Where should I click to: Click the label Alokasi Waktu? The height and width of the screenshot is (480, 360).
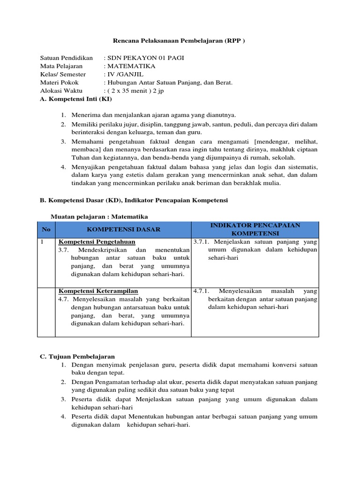pos(61,91)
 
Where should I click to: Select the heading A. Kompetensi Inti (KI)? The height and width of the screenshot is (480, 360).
pos(76,99)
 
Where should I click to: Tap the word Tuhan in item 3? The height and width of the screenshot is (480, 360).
pos(80,158)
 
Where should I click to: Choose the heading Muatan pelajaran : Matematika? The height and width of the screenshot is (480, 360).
pos(99,217)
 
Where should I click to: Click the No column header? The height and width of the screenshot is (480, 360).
pos(46,229)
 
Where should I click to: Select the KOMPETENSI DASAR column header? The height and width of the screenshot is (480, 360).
pos(123,229)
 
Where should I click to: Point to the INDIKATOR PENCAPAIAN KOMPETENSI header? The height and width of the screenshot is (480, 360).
pos(255,229)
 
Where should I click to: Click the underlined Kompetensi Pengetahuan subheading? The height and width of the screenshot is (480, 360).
pos(97,242)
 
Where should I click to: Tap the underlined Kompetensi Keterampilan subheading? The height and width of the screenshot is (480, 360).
pos(98,291)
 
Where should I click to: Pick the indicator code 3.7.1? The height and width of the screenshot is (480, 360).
pos(202,242)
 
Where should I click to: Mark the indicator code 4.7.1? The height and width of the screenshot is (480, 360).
pos(202,291)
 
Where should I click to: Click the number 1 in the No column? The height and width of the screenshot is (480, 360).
pos(42,242)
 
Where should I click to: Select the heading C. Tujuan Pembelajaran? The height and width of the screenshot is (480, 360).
pos(77,357)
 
